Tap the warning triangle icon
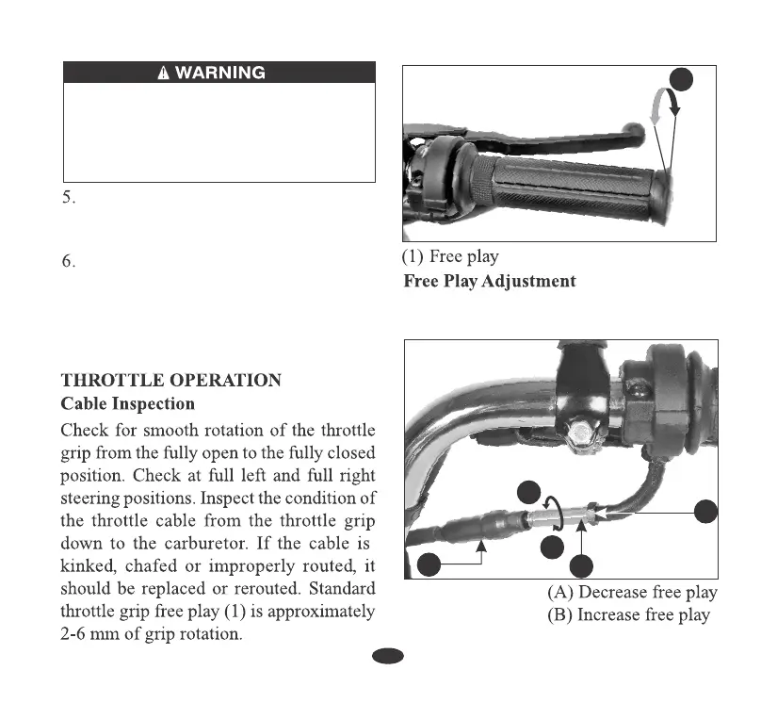[164, 73]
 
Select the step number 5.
[69, 198]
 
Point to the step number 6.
[69, 261]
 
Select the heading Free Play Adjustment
[489, 281]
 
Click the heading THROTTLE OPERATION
[170, 381]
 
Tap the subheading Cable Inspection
[127, 403]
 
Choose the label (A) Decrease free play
[632, 592]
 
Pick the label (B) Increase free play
[628, 614]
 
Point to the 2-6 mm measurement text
[93, 634]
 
